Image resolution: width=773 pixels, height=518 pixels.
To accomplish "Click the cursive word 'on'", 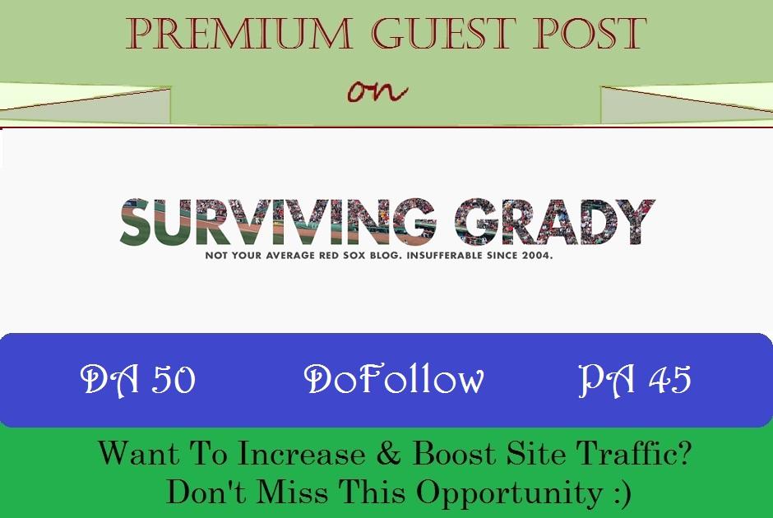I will coord(377,90).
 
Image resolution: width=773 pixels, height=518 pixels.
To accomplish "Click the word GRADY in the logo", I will coord(555,222).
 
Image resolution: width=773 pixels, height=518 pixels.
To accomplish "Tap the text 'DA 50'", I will coord(137,380).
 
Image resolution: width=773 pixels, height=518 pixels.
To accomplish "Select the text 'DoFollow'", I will coord(394,380).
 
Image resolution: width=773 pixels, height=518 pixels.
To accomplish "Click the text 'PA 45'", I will coord(634,380).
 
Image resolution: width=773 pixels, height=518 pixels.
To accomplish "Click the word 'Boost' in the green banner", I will coord(453,455).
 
